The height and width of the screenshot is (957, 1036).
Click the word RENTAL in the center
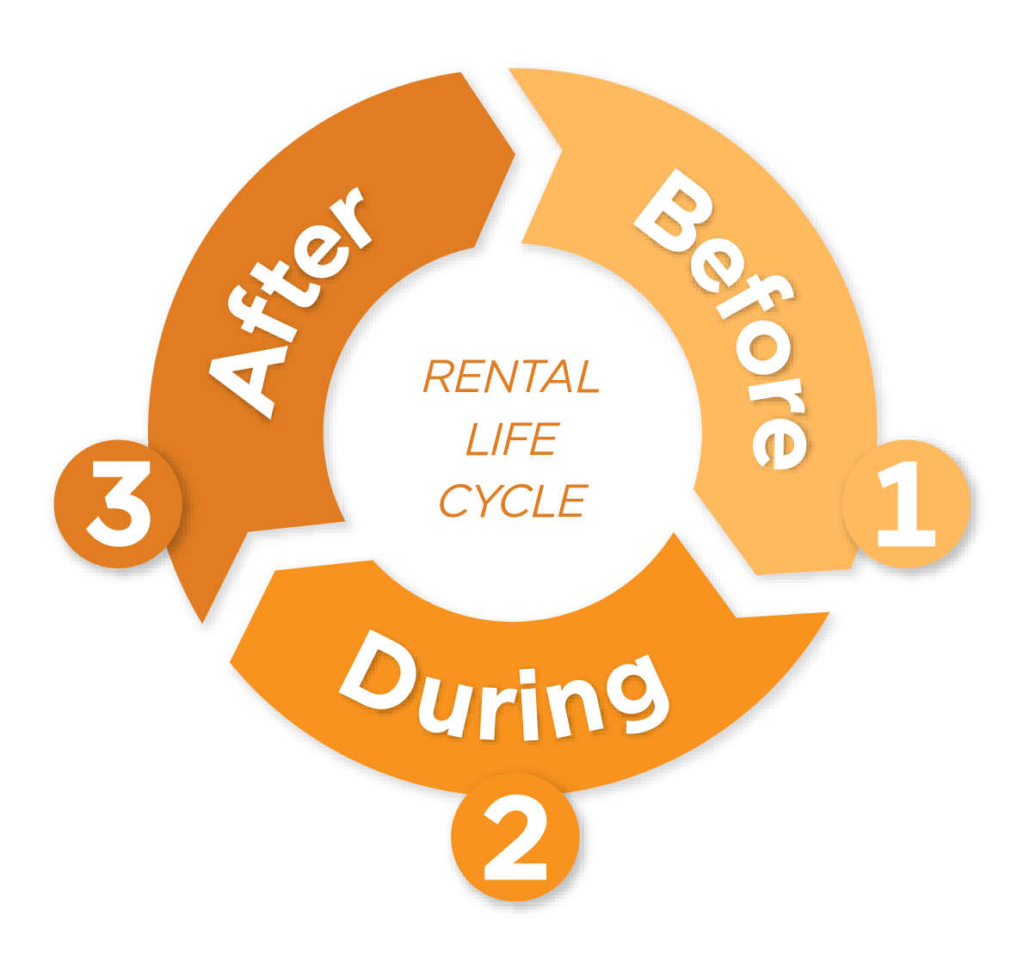coord(511,377)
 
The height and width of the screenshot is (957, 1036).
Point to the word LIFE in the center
coord(511,439)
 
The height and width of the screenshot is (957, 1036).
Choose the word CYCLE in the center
coord(513,500)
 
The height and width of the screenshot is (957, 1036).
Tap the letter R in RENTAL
coord(441,377)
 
